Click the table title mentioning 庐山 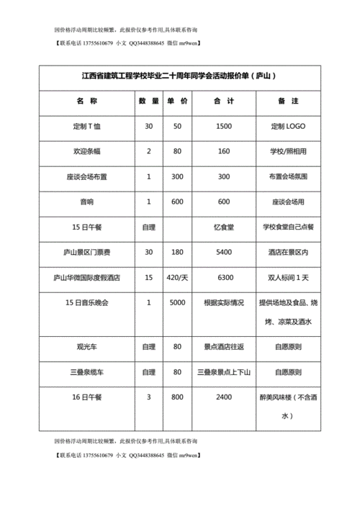coord(179,75)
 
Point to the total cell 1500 coord(223,126)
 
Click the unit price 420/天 coord(177,277)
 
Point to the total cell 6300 coord(223,277)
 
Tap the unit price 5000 coord(177,302)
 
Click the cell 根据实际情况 coord(223,302)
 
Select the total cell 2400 coord(223,397)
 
